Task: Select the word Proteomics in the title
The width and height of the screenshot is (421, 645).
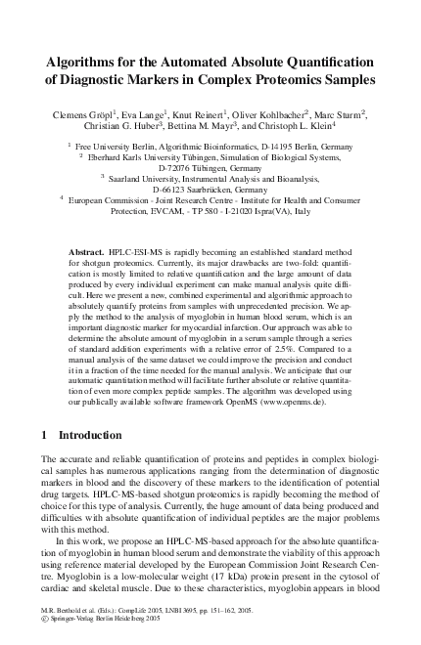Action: tap(301, 81)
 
